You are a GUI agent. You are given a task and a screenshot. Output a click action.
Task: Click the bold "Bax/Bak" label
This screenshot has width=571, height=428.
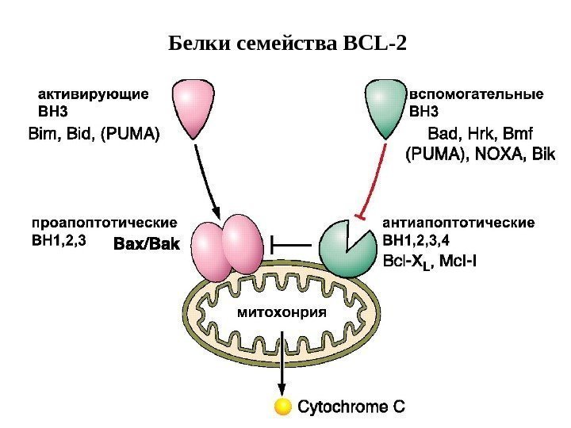pyautogui.click(x=148, y=245)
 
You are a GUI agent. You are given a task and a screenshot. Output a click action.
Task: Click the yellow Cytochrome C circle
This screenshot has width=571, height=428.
pyautogui.click(x=282, y=407)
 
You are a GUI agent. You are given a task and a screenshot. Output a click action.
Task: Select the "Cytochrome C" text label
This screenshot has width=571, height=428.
pyautogui.click(x=351, y=407)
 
